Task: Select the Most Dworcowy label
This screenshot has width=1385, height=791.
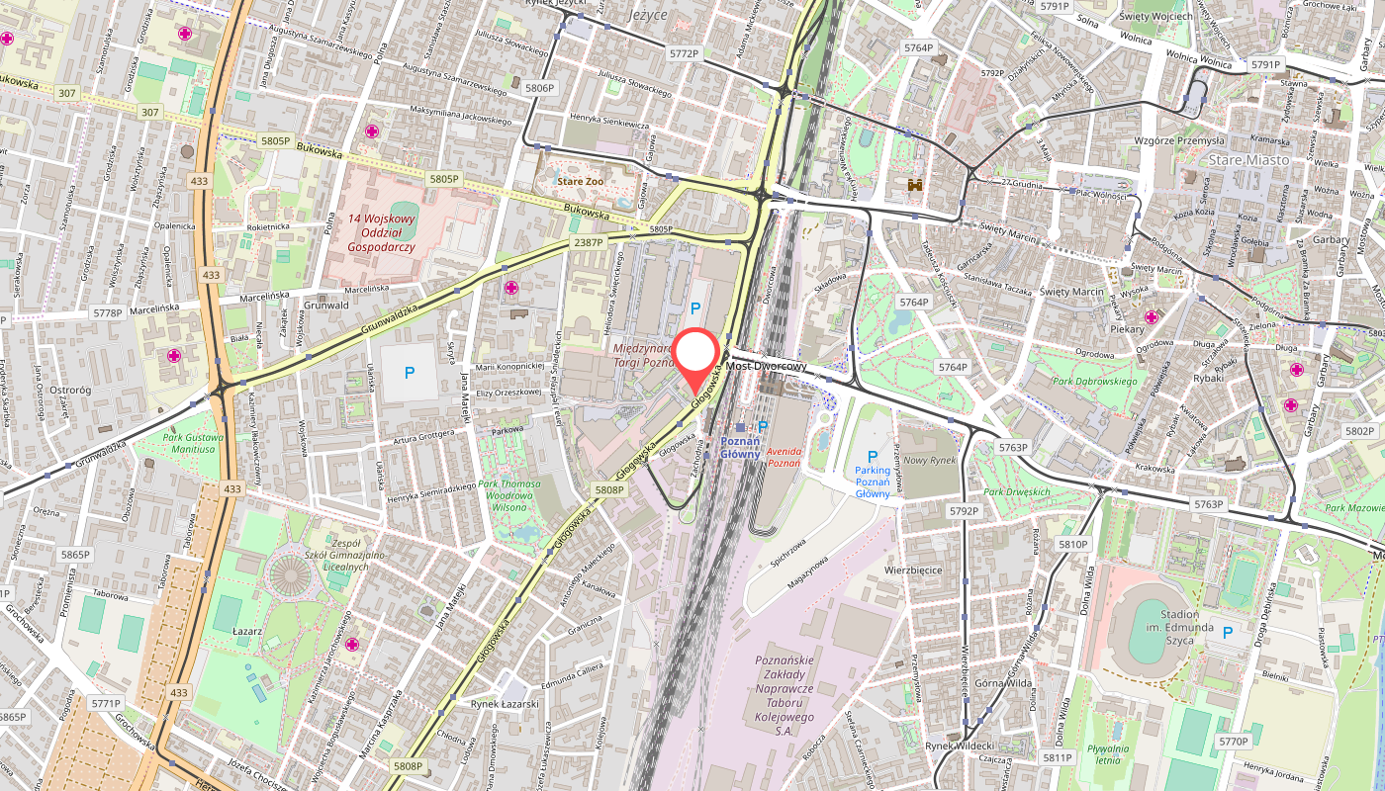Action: tap(767, 366)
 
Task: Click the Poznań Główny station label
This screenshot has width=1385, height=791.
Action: tap(739, 447)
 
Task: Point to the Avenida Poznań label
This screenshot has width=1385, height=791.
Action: tap(784, 457)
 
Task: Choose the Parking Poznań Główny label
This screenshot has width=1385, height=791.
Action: tap(873, 482)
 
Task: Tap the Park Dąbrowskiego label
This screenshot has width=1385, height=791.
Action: tap(1094, 381)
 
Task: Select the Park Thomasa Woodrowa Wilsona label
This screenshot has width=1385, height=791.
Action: tap(508, 495)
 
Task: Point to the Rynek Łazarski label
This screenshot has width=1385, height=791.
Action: tap(505, 704)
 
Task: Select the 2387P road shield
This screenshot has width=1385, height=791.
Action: tap(588, 242)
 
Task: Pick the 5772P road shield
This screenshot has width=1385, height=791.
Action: tap(684, 54)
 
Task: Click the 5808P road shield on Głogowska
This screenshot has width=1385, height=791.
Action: tap(609, 489)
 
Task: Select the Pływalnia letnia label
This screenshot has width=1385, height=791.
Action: tap(1107, 755)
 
